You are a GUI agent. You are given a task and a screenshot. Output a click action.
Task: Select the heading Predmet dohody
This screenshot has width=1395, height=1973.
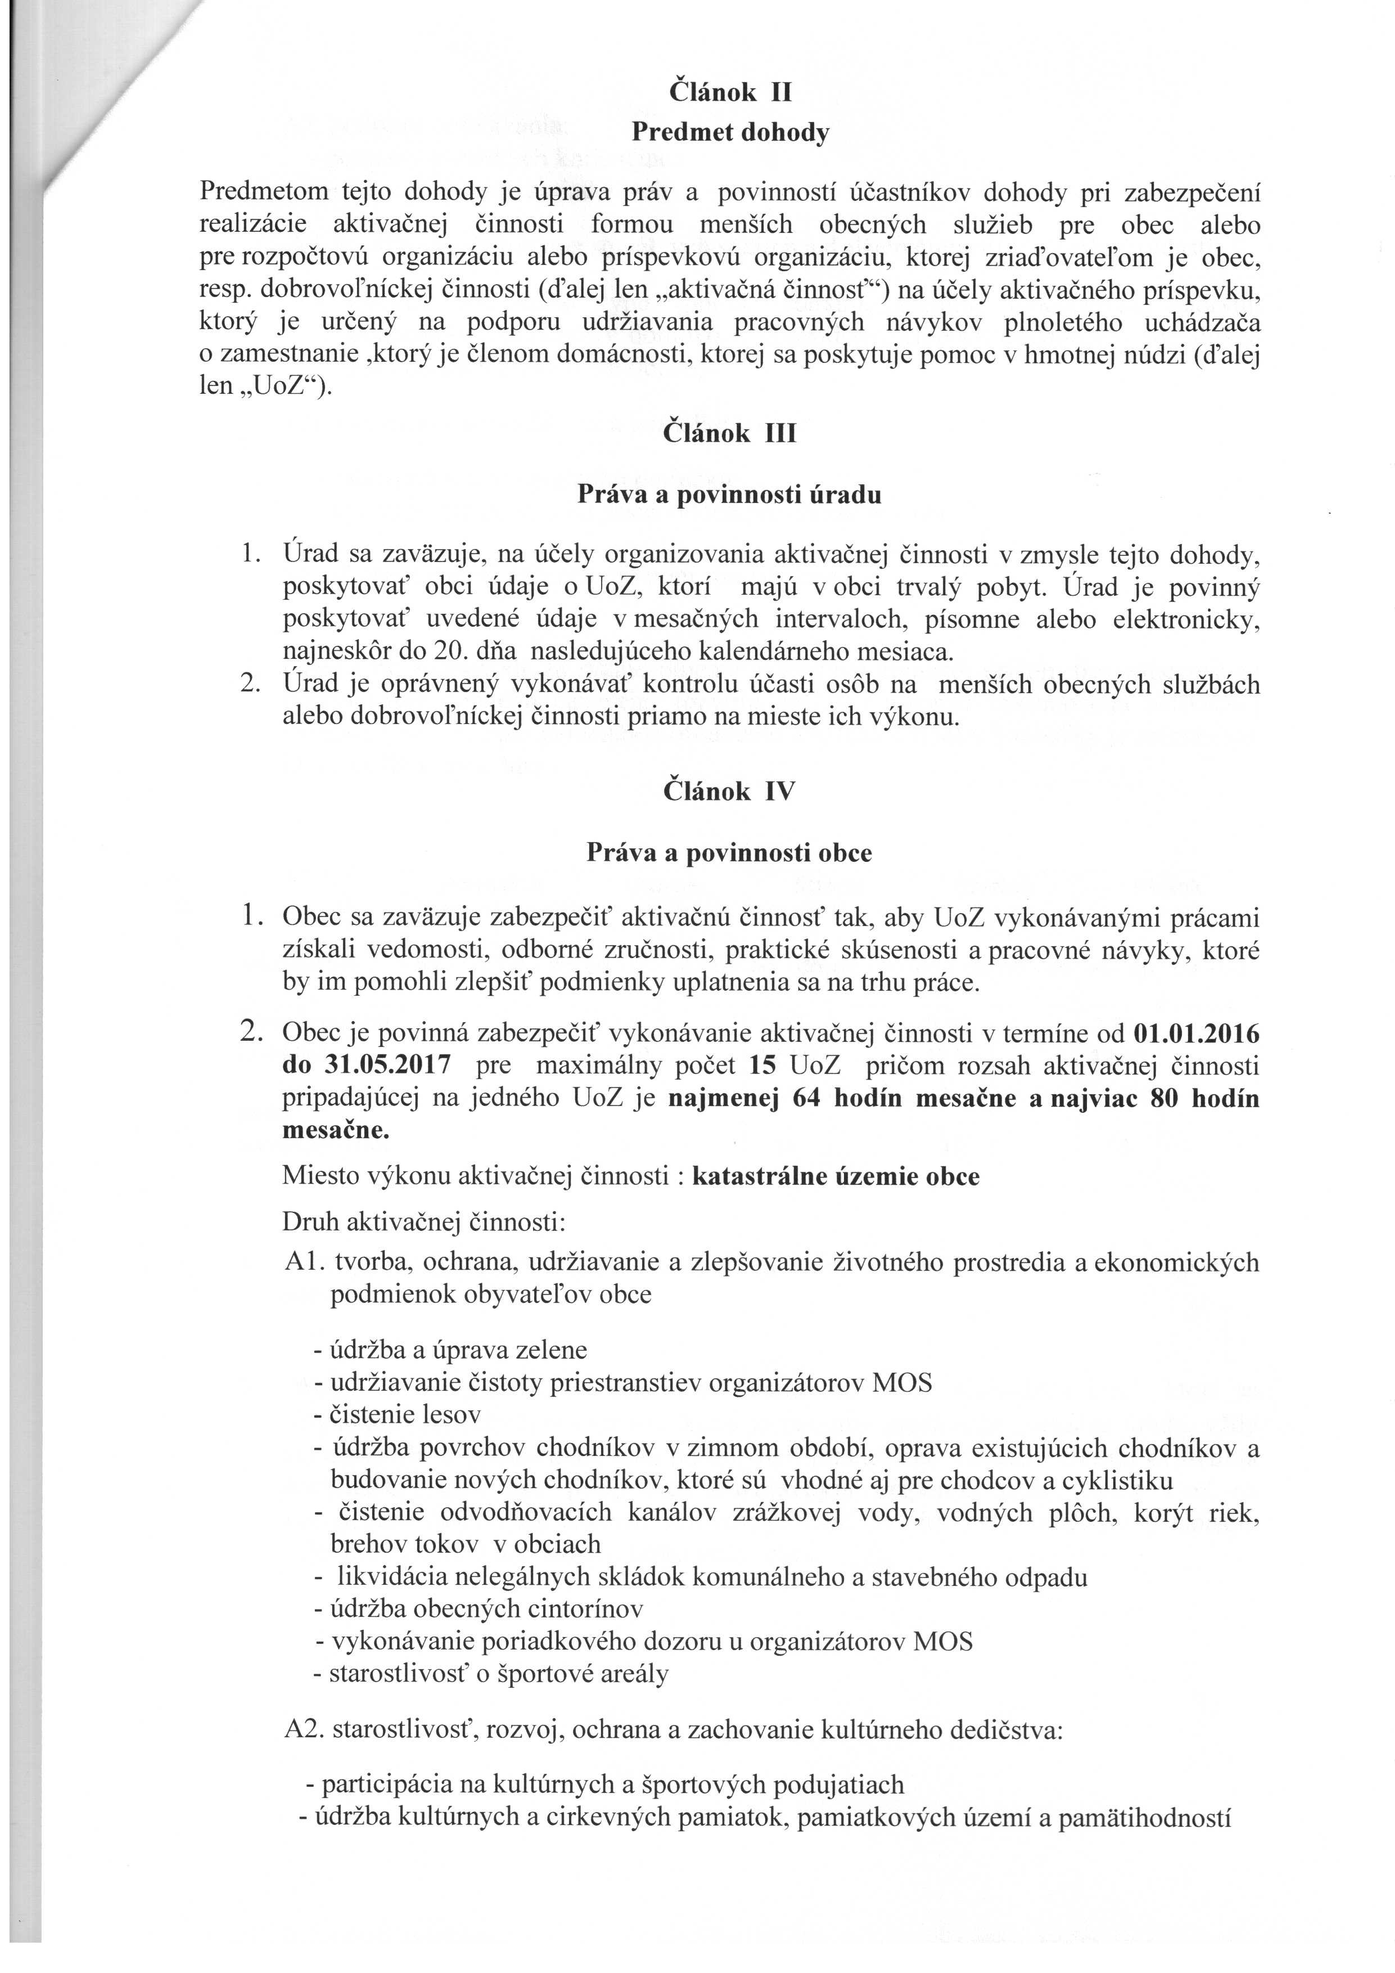coord(730,133)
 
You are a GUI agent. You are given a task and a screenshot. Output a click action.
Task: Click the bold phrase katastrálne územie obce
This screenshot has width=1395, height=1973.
coord(835,1176)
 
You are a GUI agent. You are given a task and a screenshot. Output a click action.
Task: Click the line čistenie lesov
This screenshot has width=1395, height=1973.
coord(398,1414)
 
